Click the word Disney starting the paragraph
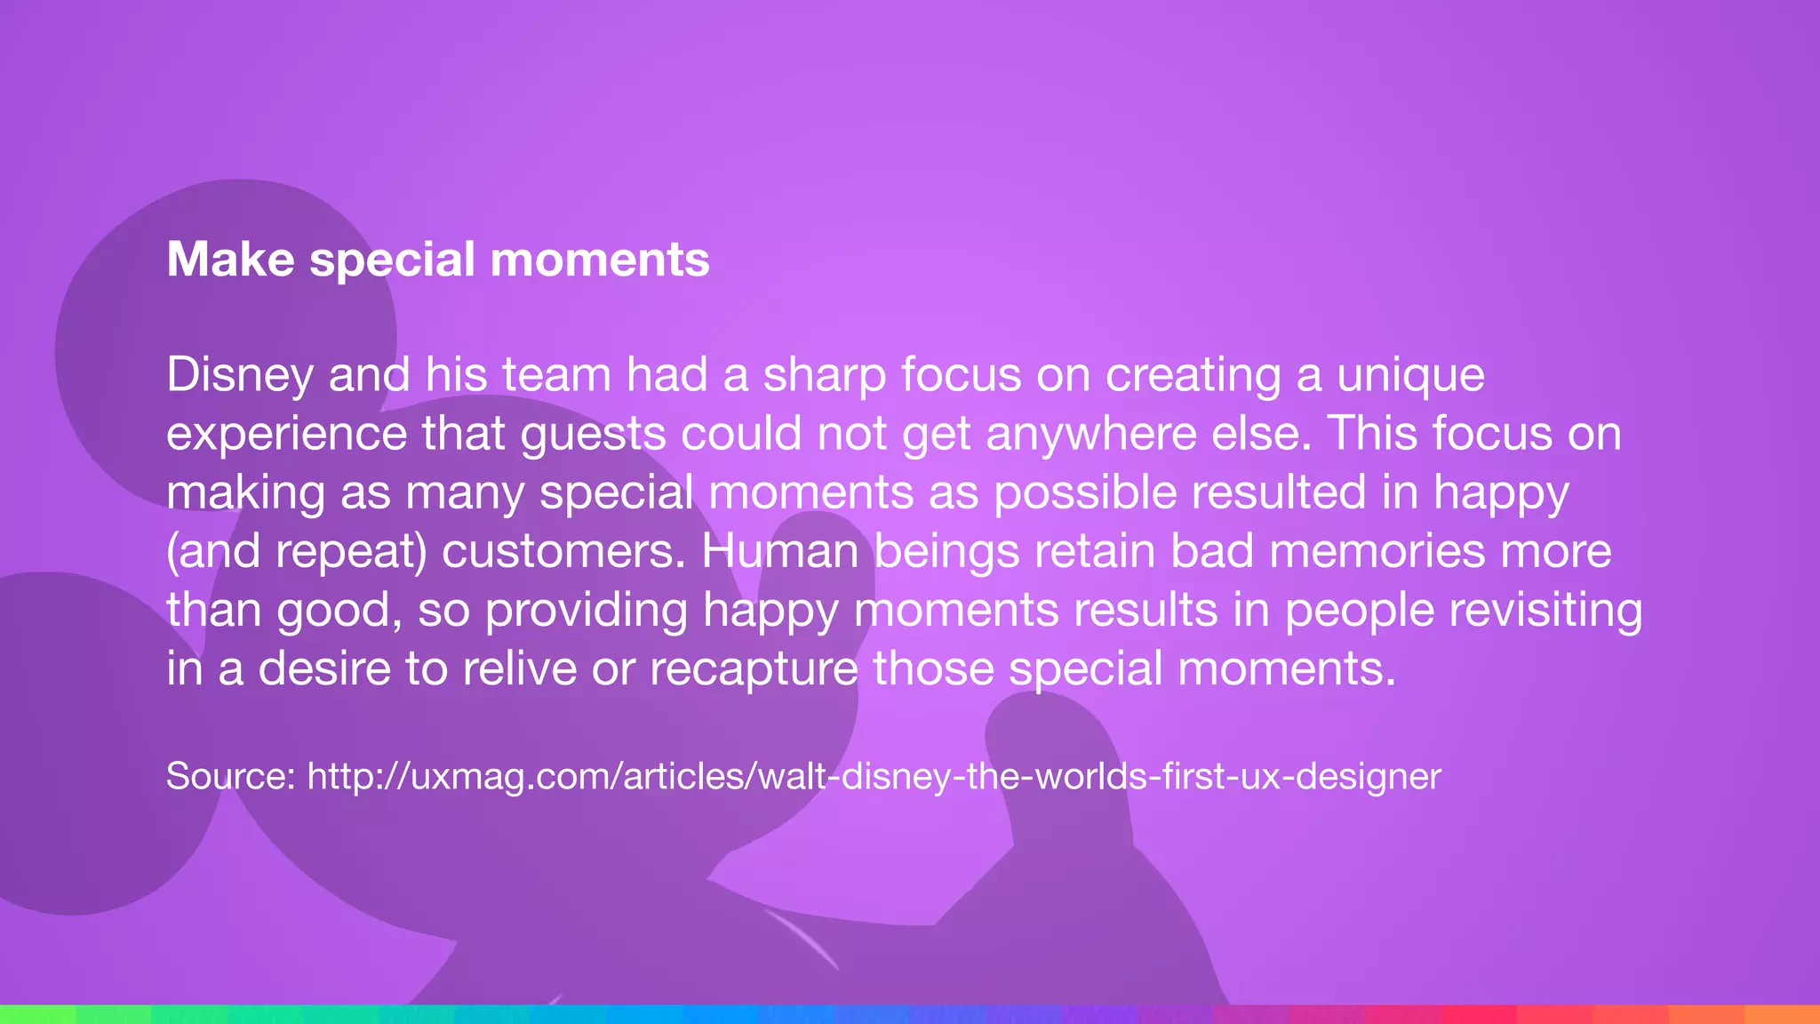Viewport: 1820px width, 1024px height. click(239, 375)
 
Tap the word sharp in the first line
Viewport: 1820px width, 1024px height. click(824, 375)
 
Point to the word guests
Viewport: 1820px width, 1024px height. click(593, 434)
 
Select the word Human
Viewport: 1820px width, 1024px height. click(779, 551)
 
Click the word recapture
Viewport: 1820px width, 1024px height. click(754, 668)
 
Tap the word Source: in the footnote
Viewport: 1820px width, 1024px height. click(230, 776)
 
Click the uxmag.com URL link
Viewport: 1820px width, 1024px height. click(874, 776)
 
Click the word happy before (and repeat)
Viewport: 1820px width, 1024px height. click(1501, 492)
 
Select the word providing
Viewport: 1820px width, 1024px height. click(587, 610)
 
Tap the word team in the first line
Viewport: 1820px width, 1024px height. click(556, 375)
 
